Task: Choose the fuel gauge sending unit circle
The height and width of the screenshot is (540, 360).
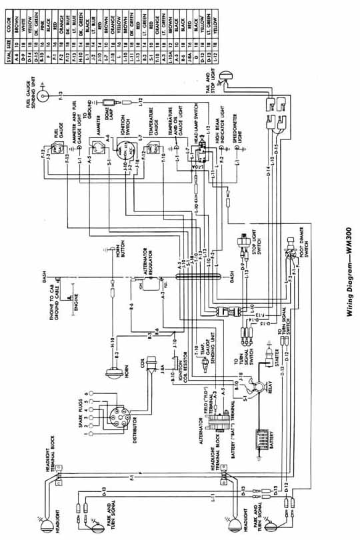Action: (x=44, y=96)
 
